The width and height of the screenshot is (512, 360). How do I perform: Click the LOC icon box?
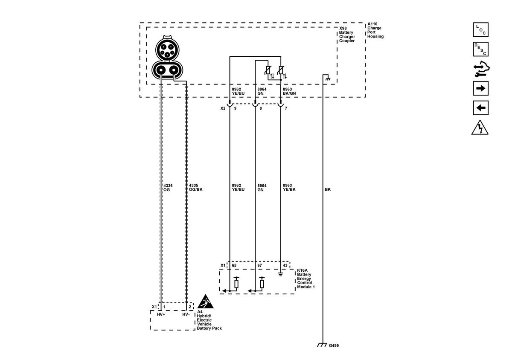[481, 29]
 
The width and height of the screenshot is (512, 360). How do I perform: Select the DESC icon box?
[481, 49]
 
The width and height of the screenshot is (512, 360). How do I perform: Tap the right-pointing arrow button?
[481, 88]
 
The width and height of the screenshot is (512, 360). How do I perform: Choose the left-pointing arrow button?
[481, 107]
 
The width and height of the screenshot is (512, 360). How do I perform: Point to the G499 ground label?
[334, 345]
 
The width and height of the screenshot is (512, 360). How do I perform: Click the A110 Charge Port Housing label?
[375, 30]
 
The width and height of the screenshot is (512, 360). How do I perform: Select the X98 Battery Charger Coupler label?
[347, 35]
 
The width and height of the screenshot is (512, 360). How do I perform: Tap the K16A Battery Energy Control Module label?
[306, 279]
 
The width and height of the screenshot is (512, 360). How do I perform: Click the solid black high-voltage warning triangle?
[205, 302]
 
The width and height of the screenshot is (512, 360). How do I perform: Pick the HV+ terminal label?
[161, 314]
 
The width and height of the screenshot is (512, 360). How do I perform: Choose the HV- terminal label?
[186, 314]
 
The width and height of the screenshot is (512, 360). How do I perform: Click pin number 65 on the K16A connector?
[234, 265]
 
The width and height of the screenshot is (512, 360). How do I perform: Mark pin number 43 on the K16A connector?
[285, 265]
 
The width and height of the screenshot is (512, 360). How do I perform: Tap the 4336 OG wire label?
[168, 188]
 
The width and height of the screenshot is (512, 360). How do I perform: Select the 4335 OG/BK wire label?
[196, 187]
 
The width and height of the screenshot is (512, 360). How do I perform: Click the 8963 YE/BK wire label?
[289, 187]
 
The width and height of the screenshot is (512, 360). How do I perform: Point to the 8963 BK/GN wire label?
[289, 91]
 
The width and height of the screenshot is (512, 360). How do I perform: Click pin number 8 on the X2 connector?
[261, 108]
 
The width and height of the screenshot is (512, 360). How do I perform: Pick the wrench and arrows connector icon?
[481, 69]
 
